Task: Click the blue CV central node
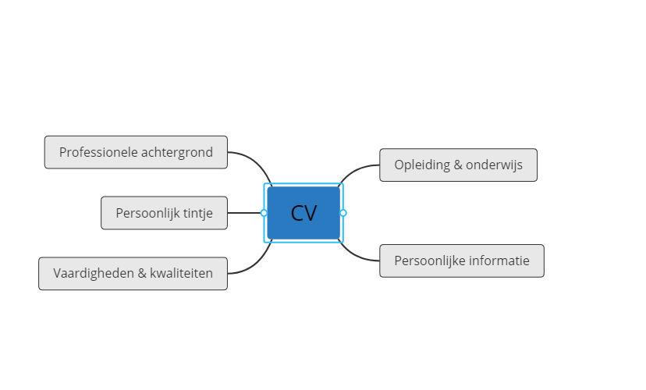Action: [x=303, y=213]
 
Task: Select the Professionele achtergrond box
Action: [x=136, y=152]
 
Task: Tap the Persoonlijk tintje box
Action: [x=164, y=213]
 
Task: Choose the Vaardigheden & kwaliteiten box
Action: [x=133, y=274]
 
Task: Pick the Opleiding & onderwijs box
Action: [x=458, y=165]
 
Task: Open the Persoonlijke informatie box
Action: [x=462, y=261]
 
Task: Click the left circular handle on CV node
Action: [x=264, y=213]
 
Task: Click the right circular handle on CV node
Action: [x=343, y=213]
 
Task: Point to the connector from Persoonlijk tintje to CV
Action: [x=244, y=213]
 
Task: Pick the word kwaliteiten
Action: [x=181, y=273]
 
